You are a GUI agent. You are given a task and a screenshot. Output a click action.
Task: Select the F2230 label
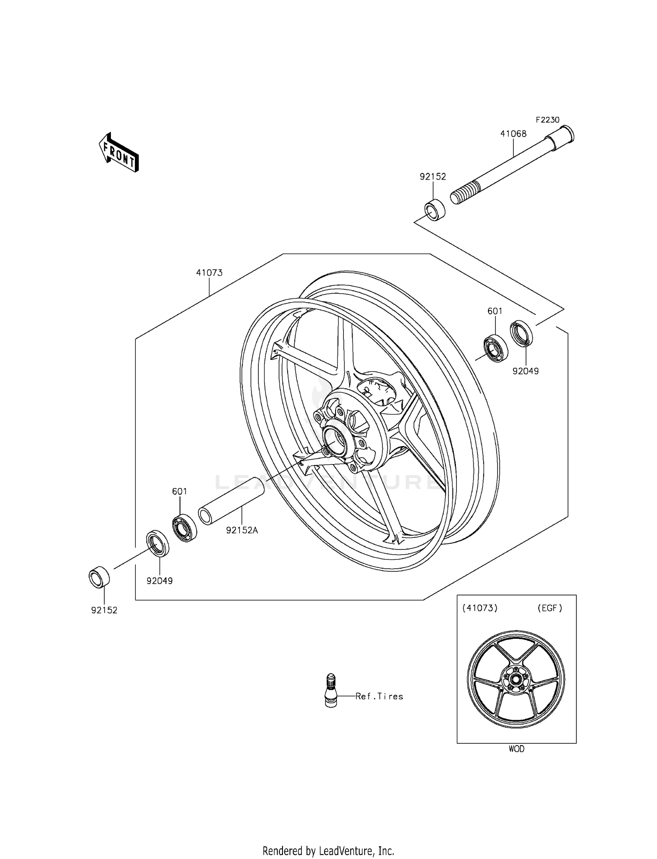coord(547,120)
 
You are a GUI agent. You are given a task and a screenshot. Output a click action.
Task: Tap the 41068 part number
coord(513,134)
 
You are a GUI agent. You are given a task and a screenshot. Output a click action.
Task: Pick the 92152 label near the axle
coord(433,177)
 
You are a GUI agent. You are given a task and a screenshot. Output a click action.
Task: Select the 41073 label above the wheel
coord(209,273)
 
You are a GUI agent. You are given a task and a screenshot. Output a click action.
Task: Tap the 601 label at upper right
coord(495,311)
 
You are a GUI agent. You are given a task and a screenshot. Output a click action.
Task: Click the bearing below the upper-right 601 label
coord(495,349)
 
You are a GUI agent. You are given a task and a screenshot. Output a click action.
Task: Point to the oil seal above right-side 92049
coord(522,334)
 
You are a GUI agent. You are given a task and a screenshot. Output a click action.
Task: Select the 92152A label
coord(242,530)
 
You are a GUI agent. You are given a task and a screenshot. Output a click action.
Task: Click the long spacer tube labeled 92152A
coord(232,500)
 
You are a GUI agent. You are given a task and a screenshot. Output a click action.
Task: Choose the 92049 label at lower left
coord(159,581)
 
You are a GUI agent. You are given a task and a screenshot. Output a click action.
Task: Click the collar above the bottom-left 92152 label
coord(99,577)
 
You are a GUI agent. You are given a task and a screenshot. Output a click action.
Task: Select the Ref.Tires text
coord(379,696)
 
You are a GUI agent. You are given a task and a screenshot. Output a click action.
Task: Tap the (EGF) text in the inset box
coord(549,608)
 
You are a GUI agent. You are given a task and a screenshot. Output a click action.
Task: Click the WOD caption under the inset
coord(516,749)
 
